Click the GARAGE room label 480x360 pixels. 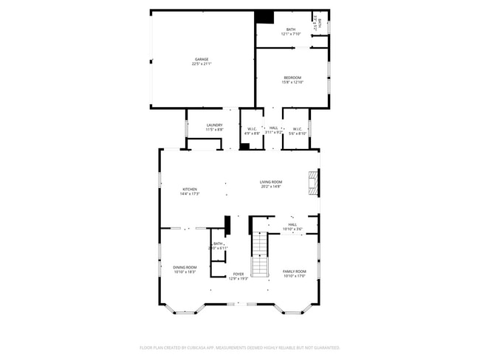pyautogui.click(x=202, y=59)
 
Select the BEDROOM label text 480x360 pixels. pyautogui.click(x=292, y=77)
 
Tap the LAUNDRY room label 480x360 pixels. pyautogui.click(x=215, y=125)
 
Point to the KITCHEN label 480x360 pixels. pyautogui.click(x=190, y=189)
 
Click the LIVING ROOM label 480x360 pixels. pyautogui.click(x=271, y=181)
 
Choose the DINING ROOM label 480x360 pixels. pyautogui.click(x=185, y=267)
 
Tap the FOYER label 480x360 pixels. pyautogui.click(x=239, y=274)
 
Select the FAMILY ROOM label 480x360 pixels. pyautogui.click(x=295, y=271)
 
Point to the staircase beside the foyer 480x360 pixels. pyautogui.click(x=259, y=255)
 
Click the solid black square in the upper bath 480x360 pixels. pyautogui.click(x=264, y=18)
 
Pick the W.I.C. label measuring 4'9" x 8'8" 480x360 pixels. pyautogui.click(x=252, y=129)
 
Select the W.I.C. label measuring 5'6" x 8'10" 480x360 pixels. pyautogui.click(x=296, y=129)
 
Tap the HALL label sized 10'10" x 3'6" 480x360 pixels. pyautogui.click(x=292, y=224)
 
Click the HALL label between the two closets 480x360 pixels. pyautogui.click(x=274, y=128)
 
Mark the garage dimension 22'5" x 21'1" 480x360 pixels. pyautogui.click(x=202, y=64)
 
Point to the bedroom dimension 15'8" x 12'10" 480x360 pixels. pyautogui.click(x=292, y=82)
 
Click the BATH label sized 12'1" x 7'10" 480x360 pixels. pyautogui.click(x=291, y=30)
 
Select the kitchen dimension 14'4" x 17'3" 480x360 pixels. pyautogui.click(x=190, y=194)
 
